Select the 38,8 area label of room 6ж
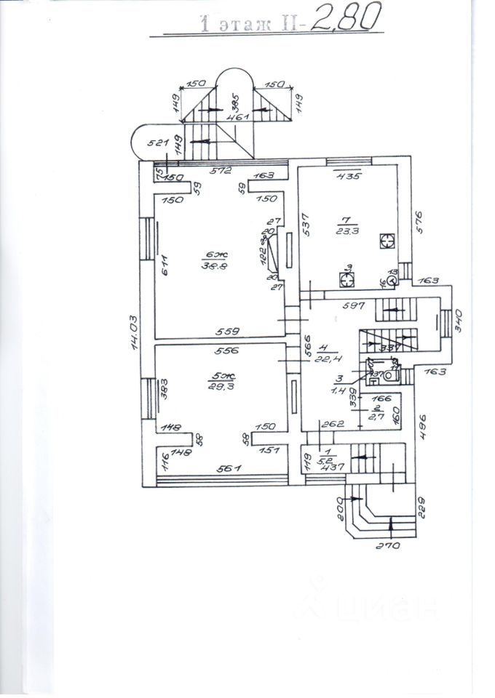pyautogui.click(x=217, y=266)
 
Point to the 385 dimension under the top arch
pyautogui.click(x=234, y=100)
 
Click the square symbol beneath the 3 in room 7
pyautogui.click(x=347, y=279)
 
